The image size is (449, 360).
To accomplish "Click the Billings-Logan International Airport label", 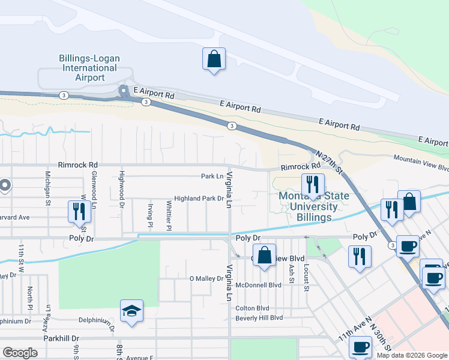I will [89, 68].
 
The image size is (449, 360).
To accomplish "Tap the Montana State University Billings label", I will [313, 206].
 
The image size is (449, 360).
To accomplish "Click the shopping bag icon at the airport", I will [214, 59].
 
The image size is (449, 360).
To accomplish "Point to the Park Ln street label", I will [212, 176].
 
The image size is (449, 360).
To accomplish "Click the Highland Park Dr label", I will [199, 199].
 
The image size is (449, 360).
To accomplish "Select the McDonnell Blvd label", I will [259, 284].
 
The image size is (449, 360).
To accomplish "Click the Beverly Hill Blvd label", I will [259, 317].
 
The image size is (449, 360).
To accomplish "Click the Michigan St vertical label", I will [47, 187].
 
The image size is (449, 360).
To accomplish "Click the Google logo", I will [20, 353].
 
